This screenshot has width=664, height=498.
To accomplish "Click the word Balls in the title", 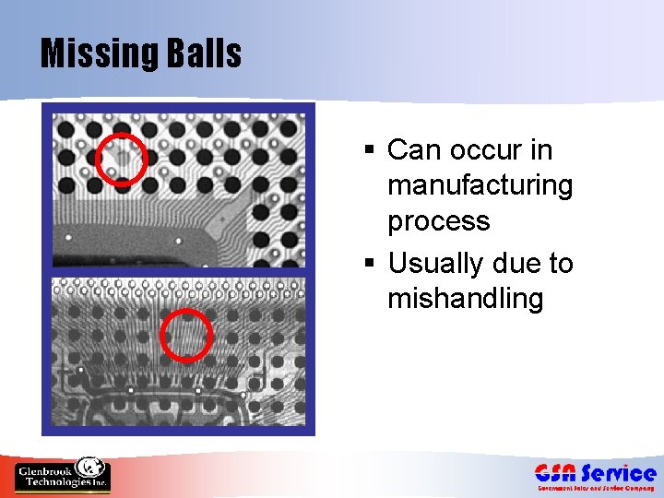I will pos(205,53).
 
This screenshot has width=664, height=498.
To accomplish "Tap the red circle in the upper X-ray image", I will pos(121,159).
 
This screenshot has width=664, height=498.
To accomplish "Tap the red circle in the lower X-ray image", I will pos(186,335).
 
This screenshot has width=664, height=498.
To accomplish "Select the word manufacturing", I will pos(480,185).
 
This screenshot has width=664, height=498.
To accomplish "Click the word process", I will pos(438,221).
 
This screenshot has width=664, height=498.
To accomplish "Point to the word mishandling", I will pos(466,299).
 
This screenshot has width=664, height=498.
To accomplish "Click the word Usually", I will pos(438,264).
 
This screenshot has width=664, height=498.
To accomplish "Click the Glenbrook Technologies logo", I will pos(63,474).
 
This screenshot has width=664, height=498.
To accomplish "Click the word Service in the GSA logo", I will pos(619,473).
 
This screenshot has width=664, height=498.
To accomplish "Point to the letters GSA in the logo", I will pos(557,473).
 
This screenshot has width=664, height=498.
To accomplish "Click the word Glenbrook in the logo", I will pos(43,471).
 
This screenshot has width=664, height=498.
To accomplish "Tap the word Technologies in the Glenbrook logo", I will pos(50,482).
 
